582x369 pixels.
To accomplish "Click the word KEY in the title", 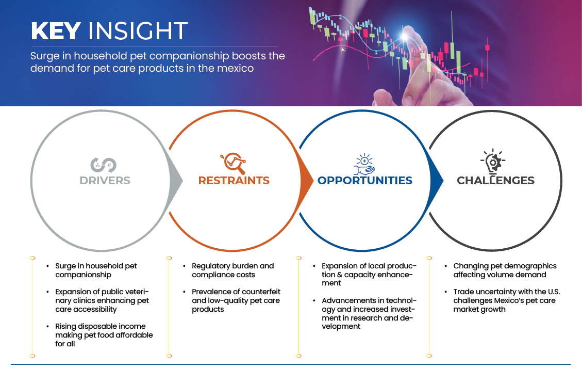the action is click(x=56, y=30).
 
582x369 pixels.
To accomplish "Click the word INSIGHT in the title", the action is click(x=138, y=30).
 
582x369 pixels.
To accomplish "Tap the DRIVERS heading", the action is click(x=105, y=180).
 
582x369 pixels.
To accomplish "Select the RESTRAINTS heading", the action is click(x=234, y=180).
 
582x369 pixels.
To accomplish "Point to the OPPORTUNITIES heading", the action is click(x=365, y=180).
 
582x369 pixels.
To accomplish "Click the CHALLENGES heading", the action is click(x=495, y=180).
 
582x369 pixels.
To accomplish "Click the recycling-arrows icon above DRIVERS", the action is click(x=103, y=165).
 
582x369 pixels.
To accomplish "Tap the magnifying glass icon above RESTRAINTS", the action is click(x=233, y=163).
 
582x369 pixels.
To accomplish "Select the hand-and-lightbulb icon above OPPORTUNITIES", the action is click(x=364, y=164).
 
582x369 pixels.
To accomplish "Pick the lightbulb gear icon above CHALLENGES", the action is click(x=493, y=162).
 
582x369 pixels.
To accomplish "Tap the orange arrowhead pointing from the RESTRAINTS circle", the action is click(x=307, y=181).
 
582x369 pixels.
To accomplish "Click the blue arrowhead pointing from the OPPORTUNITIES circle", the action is click(x=437, y=181).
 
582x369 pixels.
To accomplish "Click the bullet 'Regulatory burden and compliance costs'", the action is click(x=232, y=270).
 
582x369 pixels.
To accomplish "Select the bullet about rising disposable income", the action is click(x=104, y=335).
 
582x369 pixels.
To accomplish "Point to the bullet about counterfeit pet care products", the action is click(x=236, y=300).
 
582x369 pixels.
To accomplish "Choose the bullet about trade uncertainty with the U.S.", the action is click(x=507, y=300).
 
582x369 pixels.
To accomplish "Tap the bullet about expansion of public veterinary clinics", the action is click(x=102, y=300).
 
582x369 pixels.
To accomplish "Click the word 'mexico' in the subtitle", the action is click(x=236, y=68).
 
